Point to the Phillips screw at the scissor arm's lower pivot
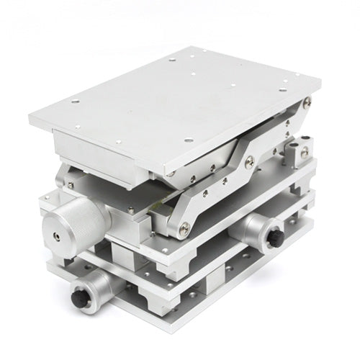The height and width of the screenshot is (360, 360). [184, 227]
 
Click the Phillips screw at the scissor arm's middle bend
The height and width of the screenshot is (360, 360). [249, 163]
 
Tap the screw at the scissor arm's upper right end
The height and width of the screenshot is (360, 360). [307, 103]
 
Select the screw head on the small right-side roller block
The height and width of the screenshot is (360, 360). [305, 152]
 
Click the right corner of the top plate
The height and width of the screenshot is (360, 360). [320, 90]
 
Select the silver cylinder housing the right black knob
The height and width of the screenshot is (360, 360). [252, 230]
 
